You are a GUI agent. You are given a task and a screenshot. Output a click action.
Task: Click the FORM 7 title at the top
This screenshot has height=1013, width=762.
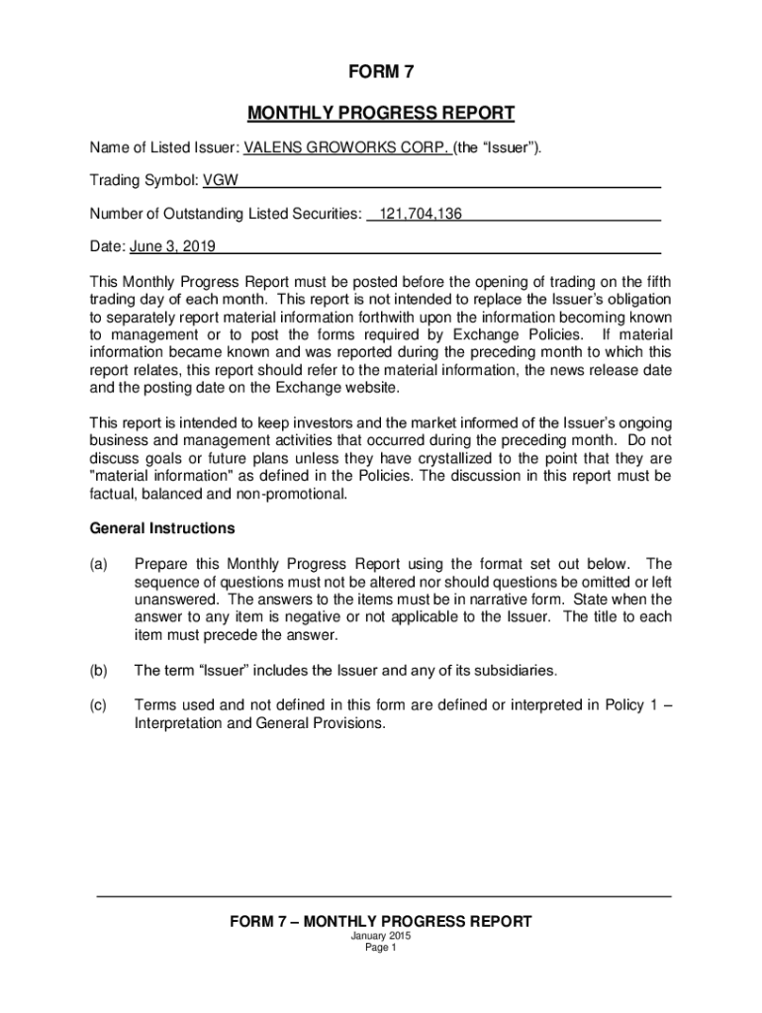[380, 72]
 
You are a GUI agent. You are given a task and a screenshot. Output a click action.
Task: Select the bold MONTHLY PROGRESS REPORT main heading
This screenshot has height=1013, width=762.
[380, 113]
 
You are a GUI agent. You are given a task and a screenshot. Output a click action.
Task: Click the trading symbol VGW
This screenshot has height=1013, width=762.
[220, 181]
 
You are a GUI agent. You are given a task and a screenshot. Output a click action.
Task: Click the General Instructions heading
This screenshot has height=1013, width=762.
[162, 528]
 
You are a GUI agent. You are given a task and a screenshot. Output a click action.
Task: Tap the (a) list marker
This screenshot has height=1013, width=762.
[99, 564]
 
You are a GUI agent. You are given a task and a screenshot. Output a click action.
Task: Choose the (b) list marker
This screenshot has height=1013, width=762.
[99, 671]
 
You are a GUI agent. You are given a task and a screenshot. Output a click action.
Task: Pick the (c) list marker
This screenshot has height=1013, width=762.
[99, 704]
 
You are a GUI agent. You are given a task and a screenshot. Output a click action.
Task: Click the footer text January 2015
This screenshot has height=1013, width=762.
[380, 936]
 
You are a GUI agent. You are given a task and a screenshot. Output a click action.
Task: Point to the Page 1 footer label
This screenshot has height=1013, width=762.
[380, 948]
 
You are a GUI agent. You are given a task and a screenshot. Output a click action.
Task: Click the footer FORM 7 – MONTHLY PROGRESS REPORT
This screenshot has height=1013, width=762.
[380, 921]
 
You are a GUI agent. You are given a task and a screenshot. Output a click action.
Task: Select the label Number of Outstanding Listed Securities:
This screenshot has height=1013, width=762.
[225, 214]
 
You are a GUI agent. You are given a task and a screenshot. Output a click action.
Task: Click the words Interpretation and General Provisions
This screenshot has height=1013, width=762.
[258, 723]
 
